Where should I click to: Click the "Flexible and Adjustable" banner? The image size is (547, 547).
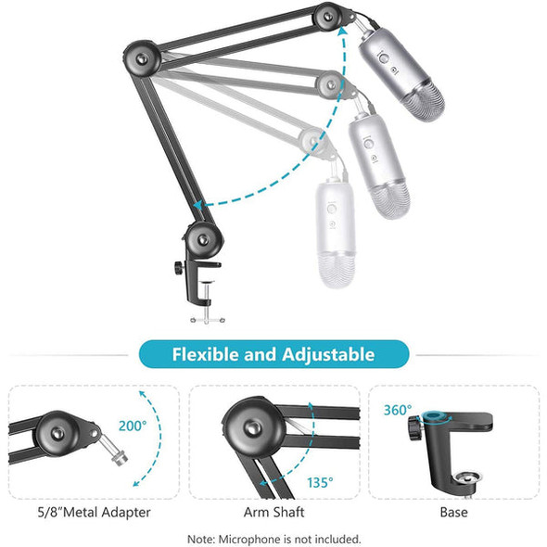pyautogui.click(x=273, y=354)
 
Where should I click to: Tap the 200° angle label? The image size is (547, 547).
pyautogui.click(x=132, y=426)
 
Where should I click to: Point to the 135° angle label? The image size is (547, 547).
pyautogui.click(x=319, y=482)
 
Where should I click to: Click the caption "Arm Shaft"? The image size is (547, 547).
pyautogui.click(x=273, y=512)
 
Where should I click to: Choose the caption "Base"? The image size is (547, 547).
pyautogui.click(x=454, y=512)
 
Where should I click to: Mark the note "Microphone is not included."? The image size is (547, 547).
pyautogui.click(x=273, y=539)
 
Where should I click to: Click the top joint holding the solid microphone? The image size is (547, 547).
pyautogui.click(x=326, y=15)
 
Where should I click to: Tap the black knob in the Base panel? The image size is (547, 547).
pyautogui.click(x=411, y=426)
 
